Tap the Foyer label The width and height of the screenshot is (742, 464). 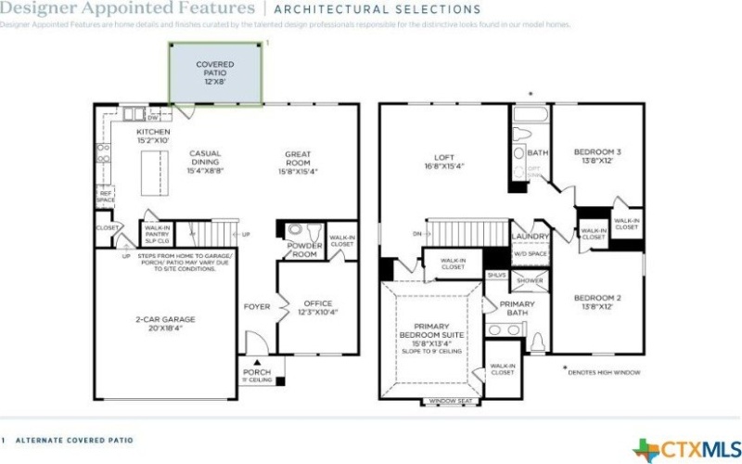(x=256, y=306)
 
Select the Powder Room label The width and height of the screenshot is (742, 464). (x=303, y=249)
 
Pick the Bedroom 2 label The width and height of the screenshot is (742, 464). (x=596, y=302)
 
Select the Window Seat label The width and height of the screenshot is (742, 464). (x=449, y=402)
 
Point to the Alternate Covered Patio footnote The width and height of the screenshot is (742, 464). (x=73, y=440)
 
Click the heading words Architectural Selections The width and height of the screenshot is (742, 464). (x=377, y=9)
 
